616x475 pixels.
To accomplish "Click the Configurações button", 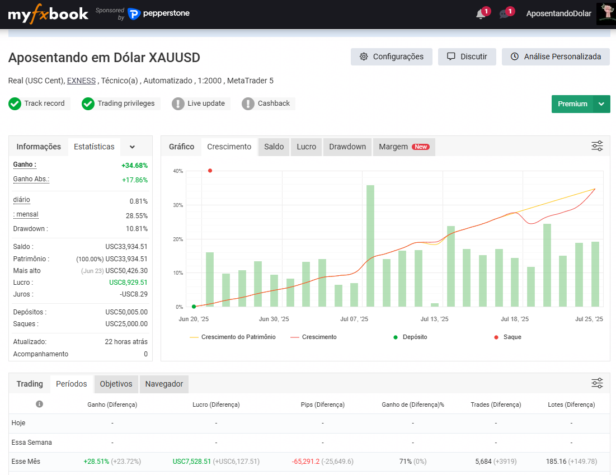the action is click(391, 57).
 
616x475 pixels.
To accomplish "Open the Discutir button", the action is click(467, 57).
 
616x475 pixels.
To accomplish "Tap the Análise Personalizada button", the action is click(556, 57).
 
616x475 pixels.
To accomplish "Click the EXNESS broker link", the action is click(81, 81).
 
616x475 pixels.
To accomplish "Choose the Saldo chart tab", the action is click(274, 147).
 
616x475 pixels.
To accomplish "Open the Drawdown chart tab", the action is click(347, 147).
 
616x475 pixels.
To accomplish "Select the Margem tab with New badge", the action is click(404, 147).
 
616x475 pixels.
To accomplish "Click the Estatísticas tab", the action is click(95, 147).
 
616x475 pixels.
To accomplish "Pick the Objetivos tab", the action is click(116, 384).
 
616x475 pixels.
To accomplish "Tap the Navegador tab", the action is click(164, 384).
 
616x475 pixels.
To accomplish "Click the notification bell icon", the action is click(481, 14).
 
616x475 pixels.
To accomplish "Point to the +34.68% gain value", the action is click(134, 166).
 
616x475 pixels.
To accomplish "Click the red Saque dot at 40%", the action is click(210, 171).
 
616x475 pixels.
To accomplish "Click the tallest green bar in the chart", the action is click(370, 246).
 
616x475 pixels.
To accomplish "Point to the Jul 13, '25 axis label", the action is click(434, 319).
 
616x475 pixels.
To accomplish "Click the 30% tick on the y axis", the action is click(178, 205).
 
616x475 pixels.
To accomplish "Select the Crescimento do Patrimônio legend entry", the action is click(233, 337).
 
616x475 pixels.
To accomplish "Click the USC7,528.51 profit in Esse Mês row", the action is click(192, 461).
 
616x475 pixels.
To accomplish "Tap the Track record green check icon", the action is click(15, 104).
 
